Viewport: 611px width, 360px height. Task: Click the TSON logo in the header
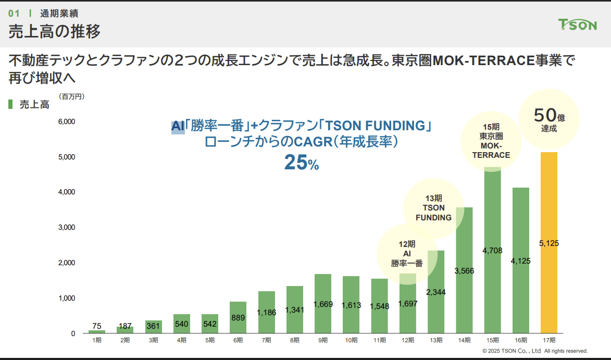[x=577, y=24]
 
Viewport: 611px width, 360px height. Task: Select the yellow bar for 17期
[x=549, y=271]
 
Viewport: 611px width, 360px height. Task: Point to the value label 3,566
[x=464, y=270]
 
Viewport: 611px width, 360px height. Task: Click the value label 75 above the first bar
[x=96, y=326]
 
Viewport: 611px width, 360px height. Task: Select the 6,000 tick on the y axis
[x=66, y=122]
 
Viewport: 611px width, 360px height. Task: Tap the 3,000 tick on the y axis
[x=66, y=228]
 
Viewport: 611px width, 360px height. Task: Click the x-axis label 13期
[x=436, y=340]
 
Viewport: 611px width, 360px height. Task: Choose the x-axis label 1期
[x=97, y=340]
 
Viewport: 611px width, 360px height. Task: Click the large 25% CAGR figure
[x=301, y=163]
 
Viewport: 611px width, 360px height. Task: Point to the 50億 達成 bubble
[x=549, y=118]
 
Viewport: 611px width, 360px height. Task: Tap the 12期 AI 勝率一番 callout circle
[x=407, y=254]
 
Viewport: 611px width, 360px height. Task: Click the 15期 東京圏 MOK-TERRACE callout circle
[x=491, y=141]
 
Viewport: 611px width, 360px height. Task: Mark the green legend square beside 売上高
[x=10, y=104]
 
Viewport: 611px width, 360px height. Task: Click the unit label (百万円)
[x=71, y=96]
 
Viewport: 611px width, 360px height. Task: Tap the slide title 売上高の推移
[x=54, y=31]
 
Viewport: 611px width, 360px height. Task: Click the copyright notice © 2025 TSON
[x=535, y=351]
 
